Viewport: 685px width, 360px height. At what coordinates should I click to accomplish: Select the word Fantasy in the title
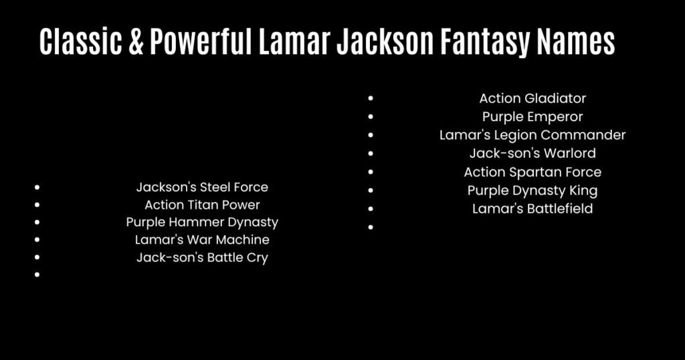[484, 43]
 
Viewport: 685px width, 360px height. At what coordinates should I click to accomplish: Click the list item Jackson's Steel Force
[202, 187]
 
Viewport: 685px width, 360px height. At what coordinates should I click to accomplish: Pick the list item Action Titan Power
[202, 205]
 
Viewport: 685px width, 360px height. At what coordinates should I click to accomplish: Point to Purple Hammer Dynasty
[202, 222]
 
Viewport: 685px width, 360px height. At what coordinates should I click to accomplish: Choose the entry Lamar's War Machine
[202, 240]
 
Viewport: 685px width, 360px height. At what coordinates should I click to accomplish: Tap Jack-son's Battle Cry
[202, 258]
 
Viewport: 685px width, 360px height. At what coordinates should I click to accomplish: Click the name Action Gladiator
[532, 98]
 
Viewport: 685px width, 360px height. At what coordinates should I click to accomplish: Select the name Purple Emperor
[532, 117]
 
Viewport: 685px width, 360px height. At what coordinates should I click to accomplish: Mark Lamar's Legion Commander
[532, 135]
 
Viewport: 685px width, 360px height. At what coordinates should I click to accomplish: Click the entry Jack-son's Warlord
[532, 153]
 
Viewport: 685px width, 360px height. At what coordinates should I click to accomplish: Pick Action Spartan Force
[532, 172]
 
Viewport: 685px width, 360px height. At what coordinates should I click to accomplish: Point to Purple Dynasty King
[532, 191]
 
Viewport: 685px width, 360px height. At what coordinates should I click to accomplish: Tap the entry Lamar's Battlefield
[532, 209]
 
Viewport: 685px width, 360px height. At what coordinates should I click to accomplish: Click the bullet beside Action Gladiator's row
[371, 99]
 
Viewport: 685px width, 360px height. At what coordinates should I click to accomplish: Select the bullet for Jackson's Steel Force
[37, 188]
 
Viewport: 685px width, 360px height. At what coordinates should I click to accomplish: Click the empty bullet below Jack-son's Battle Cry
[37, 275]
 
